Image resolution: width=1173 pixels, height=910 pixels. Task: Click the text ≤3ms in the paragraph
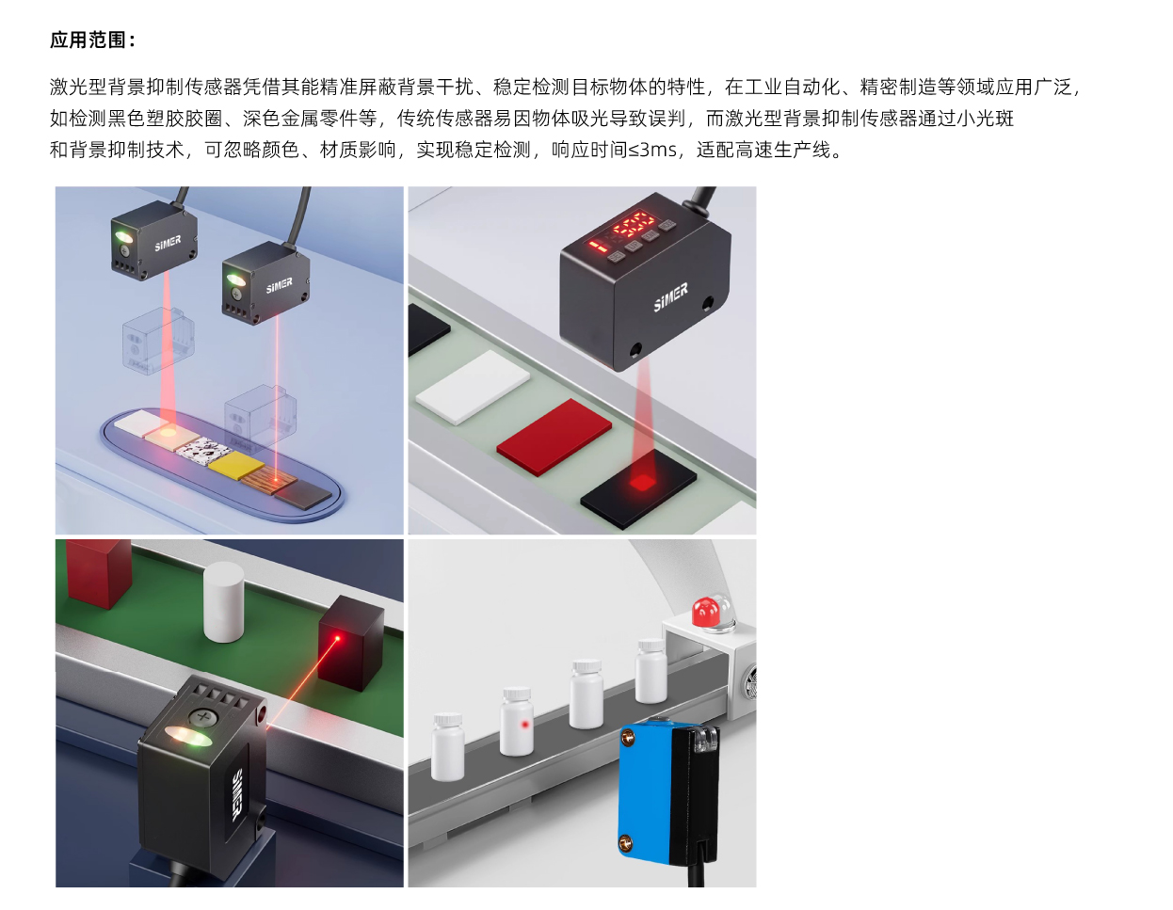(x=652, y=150)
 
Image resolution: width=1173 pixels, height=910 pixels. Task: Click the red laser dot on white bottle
(x=524, y=725)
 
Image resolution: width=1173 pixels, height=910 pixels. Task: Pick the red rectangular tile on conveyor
(x=554, y=437)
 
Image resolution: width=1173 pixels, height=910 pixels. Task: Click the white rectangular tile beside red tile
(x=473, y=387)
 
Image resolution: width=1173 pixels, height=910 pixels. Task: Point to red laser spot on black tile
(x=642, y=481)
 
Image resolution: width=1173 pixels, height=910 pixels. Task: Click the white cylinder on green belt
(x=223, y=601)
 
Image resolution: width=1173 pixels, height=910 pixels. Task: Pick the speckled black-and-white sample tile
(x=203, y=449)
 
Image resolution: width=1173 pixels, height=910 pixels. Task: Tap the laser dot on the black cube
(x=338, y=639)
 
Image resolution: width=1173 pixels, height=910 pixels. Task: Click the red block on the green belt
(x=98, y=572)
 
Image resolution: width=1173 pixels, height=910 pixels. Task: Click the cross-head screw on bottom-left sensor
(x=202, y=717)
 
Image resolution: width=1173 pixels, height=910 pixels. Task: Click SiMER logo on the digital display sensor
(x=671, y=297)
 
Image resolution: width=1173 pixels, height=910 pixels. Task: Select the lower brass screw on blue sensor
(x=626, y=841)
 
